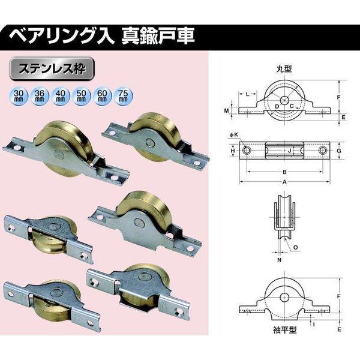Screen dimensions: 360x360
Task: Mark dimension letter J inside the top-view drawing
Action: tap(290, 150)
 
